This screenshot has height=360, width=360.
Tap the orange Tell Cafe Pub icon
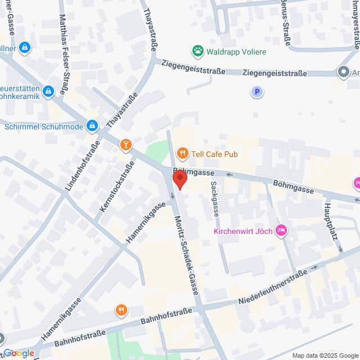pos(182,153)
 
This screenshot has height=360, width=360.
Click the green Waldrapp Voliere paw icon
pos(197,52)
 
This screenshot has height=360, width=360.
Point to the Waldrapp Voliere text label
pos(236,52)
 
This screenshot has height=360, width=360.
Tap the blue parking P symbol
pos(257,91)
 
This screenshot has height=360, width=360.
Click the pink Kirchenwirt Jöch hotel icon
pos(282,231)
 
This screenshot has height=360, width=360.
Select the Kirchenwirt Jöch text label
pos(242,231)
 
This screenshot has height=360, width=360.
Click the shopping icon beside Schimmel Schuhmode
pos(93,126)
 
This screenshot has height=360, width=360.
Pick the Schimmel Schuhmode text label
pos(44,127)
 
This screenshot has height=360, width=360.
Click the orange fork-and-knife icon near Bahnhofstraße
pos(121,310)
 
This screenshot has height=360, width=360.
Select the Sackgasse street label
pos(214,199)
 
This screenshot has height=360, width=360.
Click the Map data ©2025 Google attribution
pos(324,355)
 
